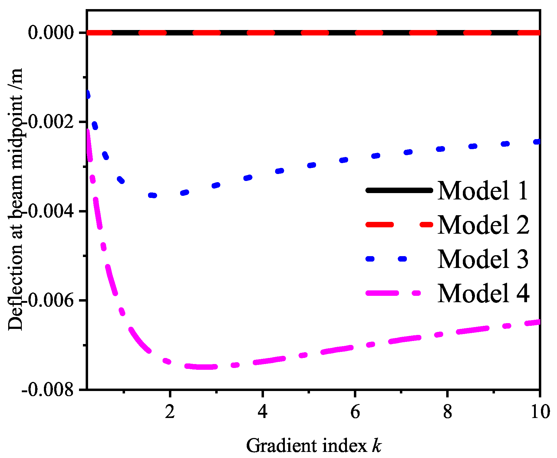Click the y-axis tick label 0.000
tap(51, 33)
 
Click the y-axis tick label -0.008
tap(48, 389)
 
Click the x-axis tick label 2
tap(170, 412)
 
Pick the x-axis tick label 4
tap(263, 412)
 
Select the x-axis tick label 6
tap(355, 412)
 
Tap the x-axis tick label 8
tap(447, 412)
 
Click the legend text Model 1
tap(483, 191)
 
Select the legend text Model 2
tap(483, 225)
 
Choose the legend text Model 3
tap(483, 259)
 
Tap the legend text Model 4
tap(483, 293)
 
